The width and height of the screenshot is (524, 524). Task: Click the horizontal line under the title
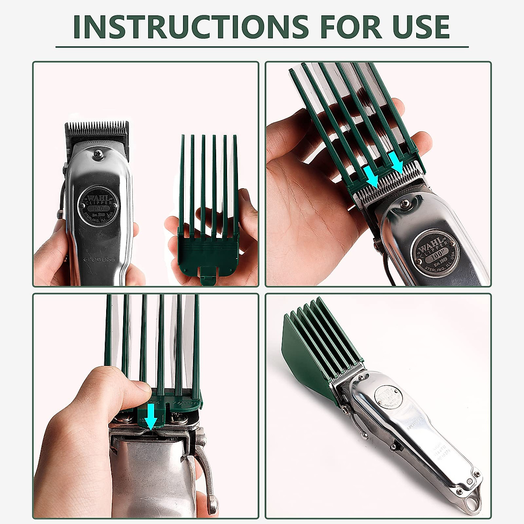262,47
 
